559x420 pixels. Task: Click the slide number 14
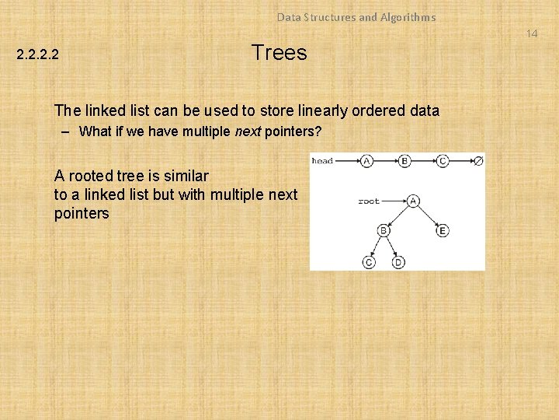[532, 33]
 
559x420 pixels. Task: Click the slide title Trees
[279, 53]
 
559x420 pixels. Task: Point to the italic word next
[247, 131]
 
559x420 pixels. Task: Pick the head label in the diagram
[322, 161]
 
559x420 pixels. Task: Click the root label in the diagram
[369, 201]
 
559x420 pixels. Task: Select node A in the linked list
[366, 161]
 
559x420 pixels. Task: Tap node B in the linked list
[404, 161]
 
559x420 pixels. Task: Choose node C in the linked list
[443, 161]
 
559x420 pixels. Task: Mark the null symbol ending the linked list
[478, 161]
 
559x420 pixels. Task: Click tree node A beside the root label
[413, 201]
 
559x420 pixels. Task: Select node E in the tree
[443, 230]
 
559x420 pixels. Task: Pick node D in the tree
[398, 262]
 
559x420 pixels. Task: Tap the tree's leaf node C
[370, 262]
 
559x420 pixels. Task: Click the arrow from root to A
[393, 201]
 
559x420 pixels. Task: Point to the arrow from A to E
[429, 215]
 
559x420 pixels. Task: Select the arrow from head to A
[347, 161]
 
